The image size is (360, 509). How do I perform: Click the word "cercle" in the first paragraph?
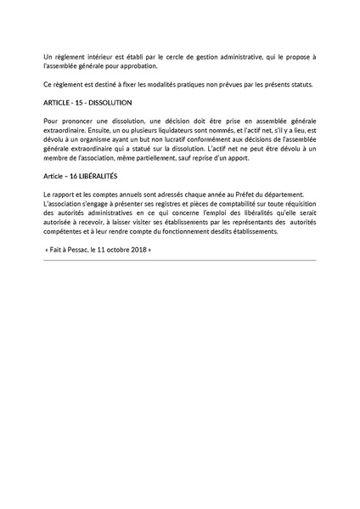[152, 57]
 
